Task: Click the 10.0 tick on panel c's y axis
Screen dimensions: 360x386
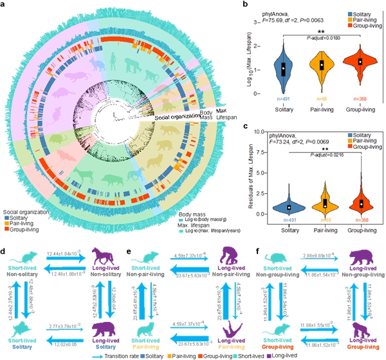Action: tap(264, 131)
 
